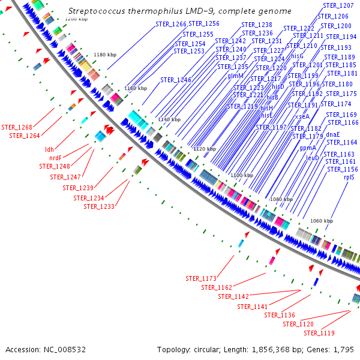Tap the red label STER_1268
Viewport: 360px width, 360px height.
(17, 127)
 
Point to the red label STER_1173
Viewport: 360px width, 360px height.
(200, 278)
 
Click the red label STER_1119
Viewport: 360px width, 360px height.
(319, 333)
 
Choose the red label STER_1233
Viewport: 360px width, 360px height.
(99, 206)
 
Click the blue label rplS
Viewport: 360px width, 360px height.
(350, 178)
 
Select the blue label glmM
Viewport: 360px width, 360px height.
(218, 76)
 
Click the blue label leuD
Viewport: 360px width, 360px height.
(313, 158)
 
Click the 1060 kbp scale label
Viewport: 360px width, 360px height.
(322, 221)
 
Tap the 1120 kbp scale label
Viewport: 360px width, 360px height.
(204, 148)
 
